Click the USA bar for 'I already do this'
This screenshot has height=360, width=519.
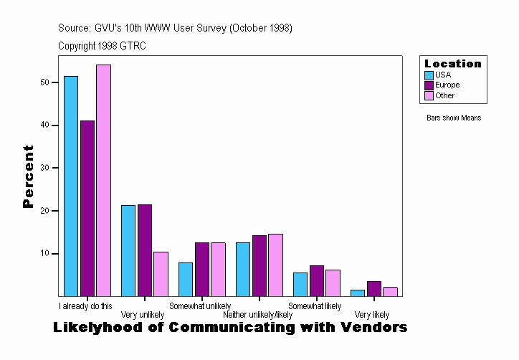click(71, 186)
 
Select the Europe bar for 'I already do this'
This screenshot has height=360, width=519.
click(87, 208)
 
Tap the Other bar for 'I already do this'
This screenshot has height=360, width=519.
click(103, 180)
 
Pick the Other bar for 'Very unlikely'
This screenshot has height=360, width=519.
click(161, 274)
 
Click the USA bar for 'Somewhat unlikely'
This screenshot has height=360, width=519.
click(186, 279)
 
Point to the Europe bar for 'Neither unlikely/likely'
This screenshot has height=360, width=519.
click(259, 265)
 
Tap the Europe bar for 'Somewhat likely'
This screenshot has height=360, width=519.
click(316, 280)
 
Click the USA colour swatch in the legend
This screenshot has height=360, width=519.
click(429, 75)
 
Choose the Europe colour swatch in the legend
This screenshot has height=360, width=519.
click(429, 85)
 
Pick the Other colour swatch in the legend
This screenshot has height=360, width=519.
click(429, 95)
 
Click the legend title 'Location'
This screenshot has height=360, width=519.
click(452, 63)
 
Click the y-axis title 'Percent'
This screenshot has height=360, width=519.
click(28, 176)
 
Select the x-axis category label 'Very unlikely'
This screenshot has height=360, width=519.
click(142, 315)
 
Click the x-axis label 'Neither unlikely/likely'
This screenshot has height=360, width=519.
click(257, 315)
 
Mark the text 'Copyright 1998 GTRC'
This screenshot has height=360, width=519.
click(103, 45)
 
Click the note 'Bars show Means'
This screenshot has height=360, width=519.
click(454, 118)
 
